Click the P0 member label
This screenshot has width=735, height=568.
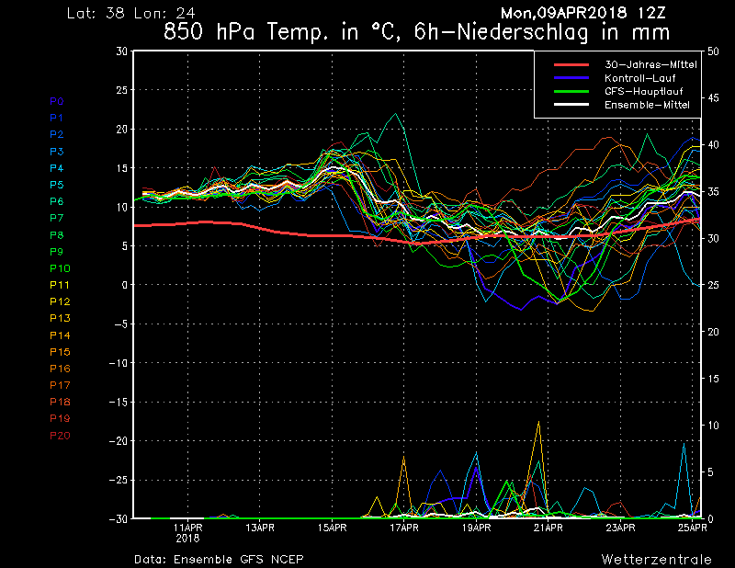tap(56, 101)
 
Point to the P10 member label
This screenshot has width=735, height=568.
tap(59, 268)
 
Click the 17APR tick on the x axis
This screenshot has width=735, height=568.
tap(404, 528)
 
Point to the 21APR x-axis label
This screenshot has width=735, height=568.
tap(548, 528)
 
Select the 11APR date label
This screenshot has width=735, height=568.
tap(187, 528)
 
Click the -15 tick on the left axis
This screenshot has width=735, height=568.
tap(119, 403)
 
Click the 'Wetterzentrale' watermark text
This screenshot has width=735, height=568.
tap(656, 559)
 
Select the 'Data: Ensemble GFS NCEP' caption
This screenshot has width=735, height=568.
tap(218, 559)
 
